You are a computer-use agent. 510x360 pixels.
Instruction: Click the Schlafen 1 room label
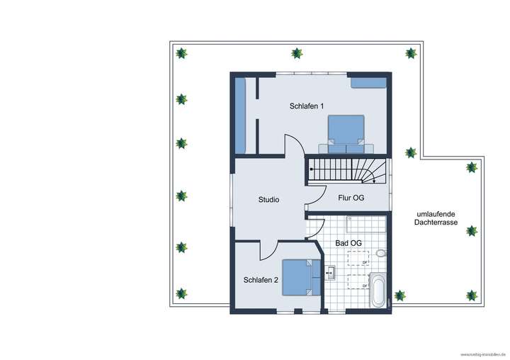(x=307, y=106)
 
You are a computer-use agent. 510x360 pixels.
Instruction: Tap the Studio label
(x=268, y=200)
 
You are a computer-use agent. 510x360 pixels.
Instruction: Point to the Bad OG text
(x=348, y=243)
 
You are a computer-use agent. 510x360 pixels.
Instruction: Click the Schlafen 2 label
(x=261, y=280)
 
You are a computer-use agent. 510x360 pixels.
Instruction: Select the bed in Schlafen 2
(x=297, y=276)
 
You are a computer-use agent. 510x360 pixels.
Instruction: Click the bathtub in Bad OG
(x=378, y=291)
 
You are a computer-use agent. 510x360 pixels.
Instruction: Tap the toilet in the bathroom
(x=381, y=252)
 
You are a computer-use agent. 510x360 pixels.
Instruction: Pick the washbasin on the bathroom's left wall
(x=330, y=271)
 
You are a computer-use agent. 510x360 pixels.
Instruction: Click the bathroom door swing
(x=315, y=227)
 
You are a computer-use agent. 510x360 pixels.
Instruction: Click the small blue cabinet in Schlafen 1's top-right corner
(x=368, y=83)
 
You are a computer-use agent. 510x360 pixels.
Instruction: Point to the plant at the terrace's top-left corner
(x=182, y=53)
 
